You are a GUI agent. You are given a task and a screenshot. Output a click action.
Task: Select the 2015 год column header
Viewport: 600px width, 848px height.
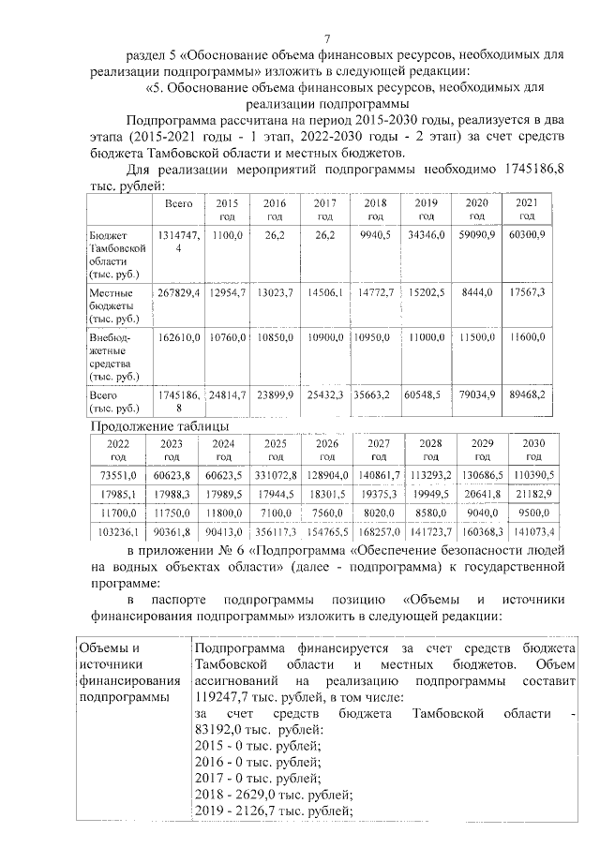pos(227,209)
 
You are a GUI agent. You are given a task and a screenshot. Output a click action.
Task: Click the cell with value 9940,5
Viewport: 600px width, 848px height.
pos(374,236)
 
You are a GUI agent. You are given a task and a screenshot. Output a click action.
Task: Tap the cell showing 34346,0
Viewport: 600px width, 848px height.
pos(426,236)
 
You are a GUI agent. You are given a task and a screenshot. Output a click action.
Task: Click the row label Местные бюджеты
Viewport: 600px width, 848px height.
pos(113,305)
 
